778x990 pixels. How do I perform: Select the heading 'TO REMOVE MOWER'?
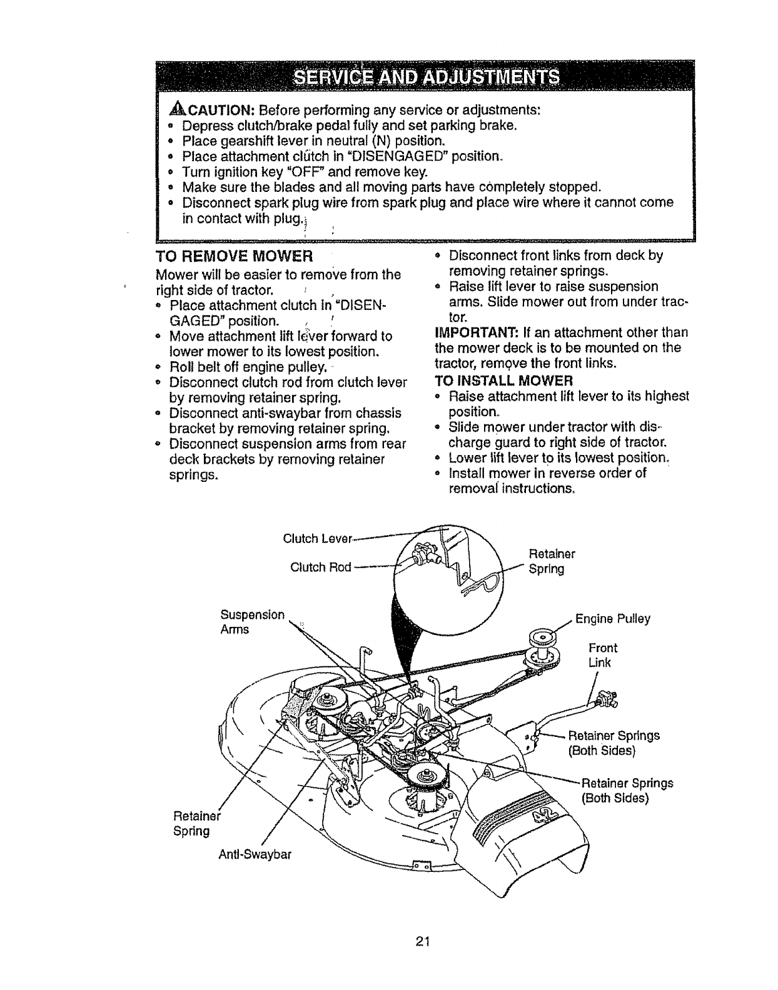[x=233, y=257]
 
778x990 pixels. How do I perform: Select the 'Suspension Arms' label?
[x=253, y=622]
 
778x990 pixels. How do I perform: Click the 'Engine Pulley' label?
[x=613, y=619]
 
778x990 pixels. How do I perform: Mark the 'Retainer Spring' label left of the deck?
[x=193, y=824]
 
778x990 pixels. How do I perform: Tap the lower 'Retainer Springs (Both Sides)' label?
[x=627, y=791]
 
